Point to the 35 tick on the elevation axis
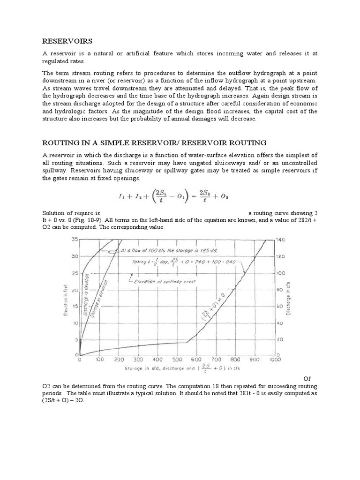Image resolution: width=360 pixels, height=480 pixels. click(x=74, y=240)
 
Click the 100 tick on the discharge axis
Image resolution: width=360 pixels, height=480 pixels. click(x=280, y=273)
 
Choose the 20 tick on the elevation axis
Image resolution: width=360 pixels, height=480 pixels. click(x=74, y=290)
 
